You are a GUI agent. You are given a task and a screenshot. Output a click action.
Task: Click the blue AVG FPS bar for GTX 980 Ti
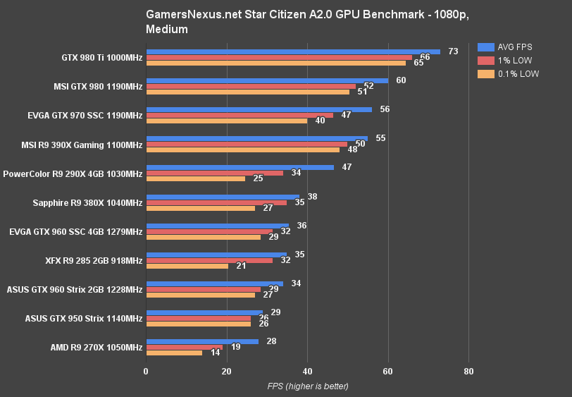click(292, 51)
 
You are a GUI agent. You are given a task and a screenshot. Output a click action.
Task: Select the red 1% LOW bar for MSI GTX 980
click(250, 86)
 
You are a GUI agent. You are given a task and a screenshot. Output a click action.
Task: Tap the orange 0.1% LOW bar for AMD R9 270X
click(173, 353)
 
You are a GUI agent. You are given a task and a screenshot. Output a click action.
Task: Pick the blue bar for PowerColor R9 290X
click(240, 167)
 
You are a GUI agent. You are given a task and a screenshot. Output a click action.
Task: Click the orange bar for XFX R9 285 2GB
click(187, 266)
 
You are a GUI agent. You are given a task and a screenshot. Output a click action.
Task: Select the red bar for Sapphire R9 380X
click(216, 202)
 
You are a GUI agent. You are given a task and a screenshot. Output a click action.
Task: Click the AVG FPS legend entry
click(506, 47)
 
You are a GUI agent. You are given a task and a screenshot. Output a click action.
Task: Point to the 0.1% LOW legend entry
click(507, 74)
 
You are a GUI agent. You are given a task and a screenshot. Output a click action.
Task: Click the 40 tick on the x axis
click(307, 371)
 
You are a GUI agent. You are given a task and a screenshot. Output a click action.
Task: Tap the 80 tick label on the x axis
click(468, 371)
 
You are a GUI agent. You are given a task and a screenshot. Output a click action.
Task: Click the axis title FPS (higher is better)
click(307, 386)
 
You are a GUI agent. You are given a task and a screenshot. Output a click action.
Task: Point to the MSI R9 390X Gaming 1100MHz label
click(83, 145)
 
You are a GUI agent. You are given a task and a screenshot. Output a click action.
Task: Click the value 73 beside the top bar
click(453, 51)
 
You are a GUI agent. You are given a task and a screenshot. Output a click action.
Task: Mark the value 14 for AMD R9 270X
click(215, 353)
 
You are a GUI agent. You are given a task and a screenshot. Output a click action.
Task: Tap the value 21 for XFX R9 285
click(242, 266)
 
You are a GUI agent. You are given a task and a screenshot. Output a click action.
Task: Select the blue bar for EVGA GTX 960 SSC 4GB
click(217, 226)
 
